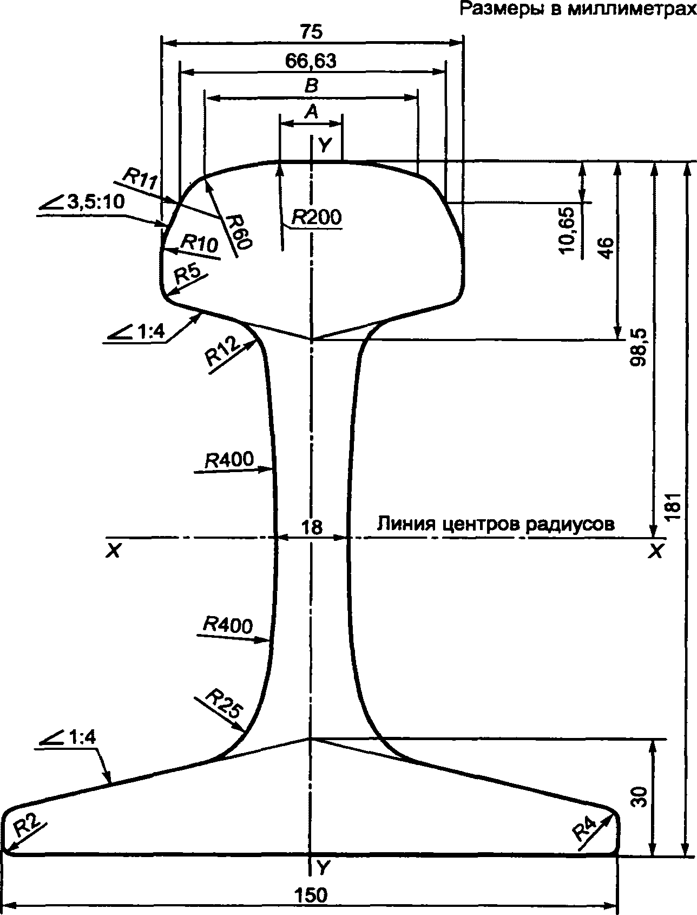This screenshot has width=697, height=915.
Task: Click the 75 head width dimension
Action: coord(312,32)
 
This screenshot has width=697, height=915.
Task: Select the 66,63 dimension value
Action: coord(311,61)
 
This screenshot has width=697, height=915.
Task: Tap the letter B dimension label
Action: coord(311,86)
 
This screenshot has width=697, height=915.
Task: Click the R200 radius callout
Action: coord(317,217)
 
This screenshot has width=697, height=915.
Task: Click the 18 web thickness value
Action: coord(312,527)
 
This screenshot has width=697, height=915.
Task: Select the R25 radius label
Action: coord(223,703)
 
